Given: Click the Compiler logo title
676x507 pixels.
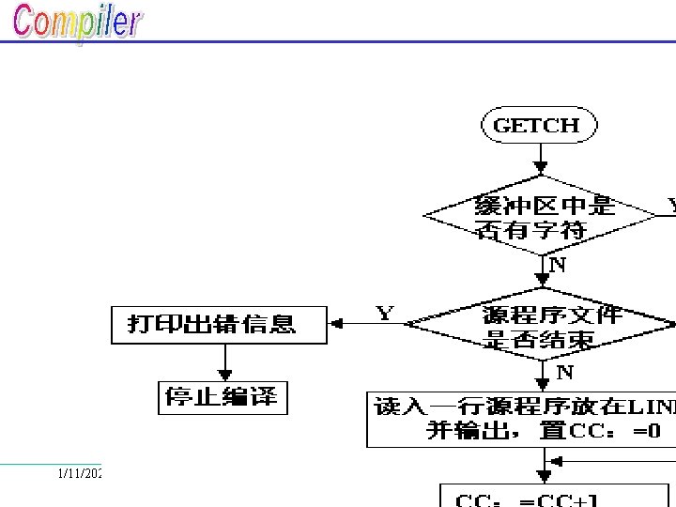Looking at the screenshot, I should [x=77, y=23].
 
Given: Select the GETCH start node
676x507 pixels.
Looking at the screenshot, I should [x=537, y=125].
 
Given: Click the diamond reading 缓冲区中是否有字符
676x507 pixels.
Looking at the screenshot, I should [x=541, y=217].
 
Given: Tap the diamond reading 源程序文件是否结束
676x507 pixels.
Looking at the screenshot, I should [x=541, y=326].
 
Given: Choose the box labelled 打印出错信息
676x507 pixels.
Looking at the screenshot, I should [x=219, y=324].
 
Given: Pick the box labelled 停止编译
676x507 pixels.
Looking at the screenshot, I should [x=222, y=396].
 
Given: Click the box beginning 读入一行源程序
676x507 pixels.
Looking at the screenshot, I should [x=521, y=420].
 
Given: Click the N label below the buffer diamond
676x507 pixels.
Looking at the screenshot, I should [x=557, y=265].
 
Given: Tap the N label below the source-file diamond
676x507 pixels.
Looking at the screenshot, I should [x=564, y=373].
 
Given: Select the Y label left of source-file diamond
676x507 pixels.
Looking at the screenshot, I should [x=385, y=313].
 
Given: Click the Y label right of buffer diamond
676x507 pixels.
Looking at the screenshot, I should [x=670, y=204].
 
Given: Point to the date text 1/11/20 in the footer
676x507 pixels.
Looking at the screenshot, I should [x=79, y=474].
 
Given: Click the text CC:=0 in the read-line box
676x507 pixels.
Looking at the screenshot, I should [x=620, y=431].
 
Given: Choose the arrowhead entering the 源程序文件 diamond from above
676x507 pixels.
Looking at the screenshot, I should [x=542, y=280].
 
